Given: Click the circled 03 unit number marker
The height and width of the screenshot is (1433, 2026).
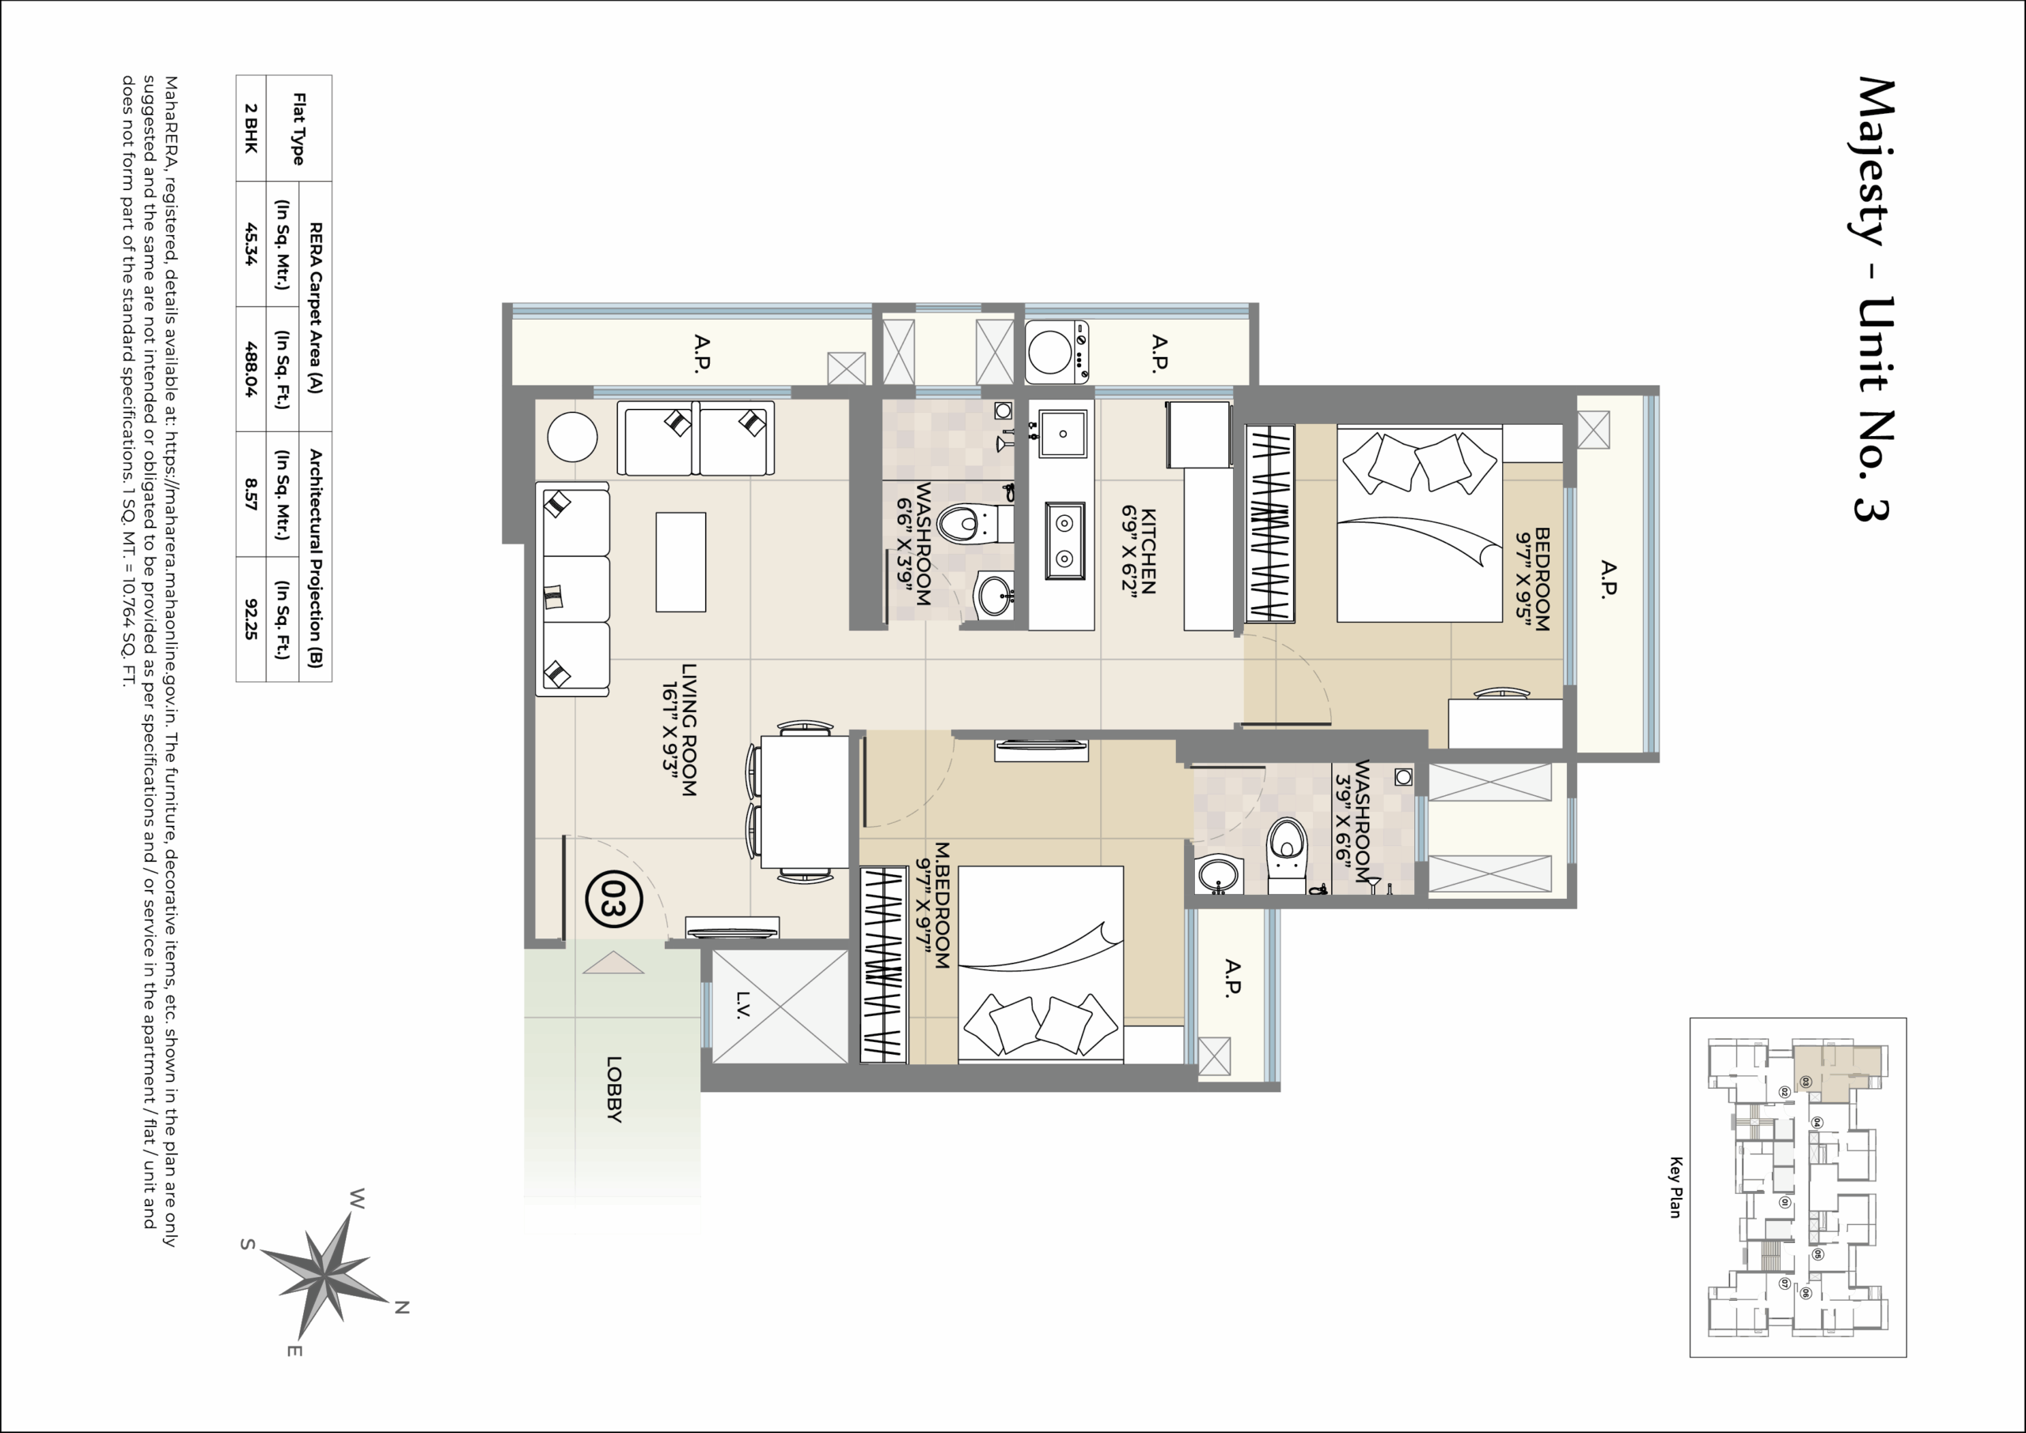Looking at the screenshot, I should click(x=613, y=899).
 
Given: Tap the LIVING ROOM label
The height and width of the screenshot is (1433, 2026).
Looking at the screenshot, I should click(x=681, y=730).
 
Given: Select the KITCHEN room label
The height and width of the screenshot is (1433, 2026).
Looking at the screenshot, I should click(x=1139, y=551).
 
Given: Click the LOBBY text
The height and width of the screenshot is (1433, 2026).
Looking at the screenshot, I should click(x=615, y=1089).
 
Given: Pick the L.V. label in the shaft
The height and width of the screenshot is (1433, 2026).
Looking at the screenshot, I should click(x=742, y=1005).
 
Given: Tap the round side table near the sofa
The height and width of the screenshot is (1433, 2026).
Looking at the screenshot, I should click(x=572, y=437).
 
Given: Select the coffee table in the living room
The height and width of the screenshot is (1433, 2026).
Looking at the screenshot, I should click(x=681, y=562).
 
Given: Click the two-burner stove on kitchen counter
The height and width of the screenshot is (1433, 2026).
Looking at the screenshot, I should click(x=1064, y=541).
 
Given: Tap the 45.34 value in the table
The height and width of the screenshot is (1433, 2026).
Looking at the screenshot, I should click(x=252, y=245).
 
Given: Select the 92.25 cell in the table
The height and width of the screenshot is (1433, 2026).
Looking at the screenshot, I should click(x=252, y=619).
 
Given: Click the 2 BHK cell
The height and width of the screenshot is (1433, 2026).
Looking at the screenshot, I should click(x=252, y=129).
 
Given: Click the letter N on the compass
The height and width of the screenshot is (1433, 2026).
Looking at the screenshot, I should click(x=401, y=1308).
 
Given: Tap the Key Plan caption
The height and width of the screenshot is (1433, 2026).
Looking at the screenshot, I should click(x=1675, y=1187).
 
